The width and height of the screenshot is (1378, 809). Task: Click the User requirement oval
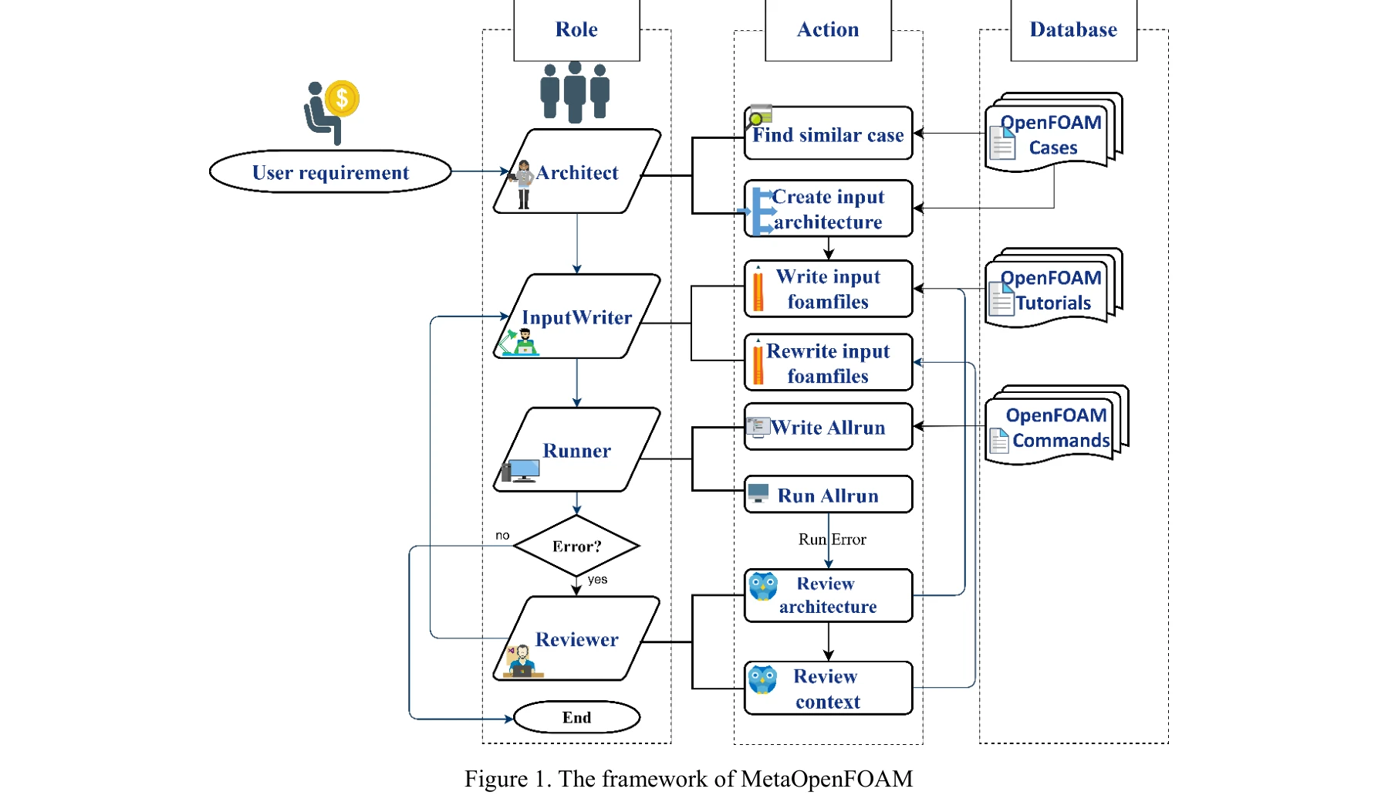pos(330,172)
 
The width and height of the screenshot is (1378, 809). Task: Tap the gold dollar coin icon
pos(342,99)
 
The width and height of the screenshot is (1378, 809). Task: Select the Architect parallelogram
pos(577,171)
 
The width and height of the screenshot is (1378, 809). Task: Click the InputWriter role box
pos(577,316)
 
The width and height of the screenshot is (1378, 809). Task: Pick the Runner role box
pos(577,450)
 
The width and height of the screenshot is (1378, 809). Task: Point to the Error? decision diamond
pos(576,546)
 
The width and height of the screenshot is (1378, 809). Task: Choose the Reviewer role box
pos(577,639)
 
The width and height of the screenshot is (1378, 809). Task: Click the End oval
pos(576,717)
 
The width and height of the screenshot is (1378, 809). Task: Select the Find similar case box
pos(828,134)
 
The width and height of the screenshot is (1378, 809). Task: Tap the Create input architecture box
pos(828,209)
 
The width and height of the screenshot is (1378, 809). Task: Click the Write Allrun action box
pos(828,427)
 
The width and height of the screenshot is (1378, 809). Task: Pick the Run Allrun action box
pos(828,495)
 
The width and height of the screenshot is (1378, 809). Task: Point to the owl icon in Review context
pos(762,679)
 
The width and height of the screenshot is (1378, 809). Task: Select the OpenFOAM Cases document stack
pos(1053,133)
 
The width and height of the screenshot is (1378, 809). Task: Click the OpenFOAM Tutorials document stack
pos(1053,289)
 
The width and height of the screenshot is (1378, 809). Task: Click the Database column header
pos(1073,29)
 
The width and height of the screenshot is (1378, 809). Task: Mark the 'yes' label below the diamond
pos(597,580)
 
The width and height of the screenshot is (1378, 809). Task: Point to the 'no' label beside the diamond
pos(502,535)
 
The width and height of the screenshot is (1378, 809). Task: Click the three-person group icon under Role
pos(575,91)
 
